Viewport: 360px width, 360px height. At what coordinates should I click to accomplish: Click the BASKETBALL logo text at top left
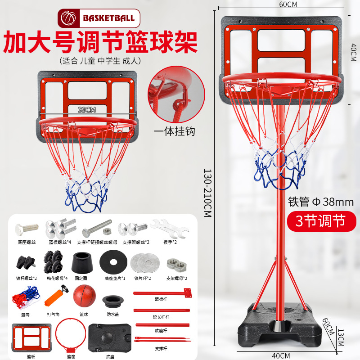point(108,18)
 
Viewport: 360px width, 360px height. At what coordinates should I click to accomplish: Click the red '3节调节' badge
point(320,221)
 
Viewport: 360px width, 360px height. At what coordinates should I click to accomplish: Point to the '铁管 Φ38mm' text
point(320,202)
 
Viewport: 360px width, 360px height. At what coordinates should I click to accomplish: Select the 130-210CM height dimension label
point(207,193)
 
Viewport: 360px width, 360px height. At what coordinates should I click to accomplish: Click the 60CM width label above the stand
point(282,5)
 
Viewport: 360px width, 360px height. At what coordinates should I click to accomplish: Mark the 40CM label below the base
point(281,355)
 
